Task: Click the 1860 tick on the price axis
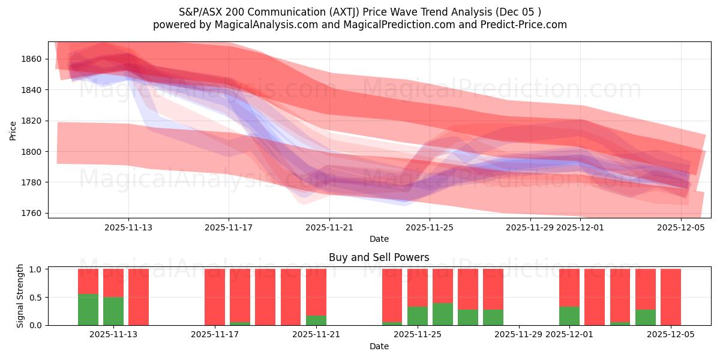[x=34, y=59]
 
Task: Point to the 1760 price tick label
[x=34, y=213]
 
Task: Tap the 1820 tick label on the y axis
[x=34, y=121]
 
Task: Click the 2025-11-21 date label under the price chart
[x=329, y=227]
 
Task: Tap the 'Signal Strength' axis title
[x=20, y=296]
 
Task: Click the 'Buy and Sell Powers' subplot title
[x=379, y=257]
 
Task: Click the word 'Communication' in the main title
[x=279, y=12]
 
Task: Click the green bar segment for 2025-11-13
[x=113, y=311]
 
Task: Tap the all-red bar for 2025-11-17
[x=215, y=297]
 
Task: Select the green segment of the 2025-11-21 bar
[x=316, y=320]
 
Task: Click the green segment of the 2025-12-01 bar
[x=569, y=316]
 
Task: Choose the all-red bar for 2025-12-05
[x=671, y=297]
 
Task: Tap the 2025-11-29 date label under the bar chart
[x=518, y=334]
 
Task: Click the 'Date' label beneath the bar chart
[x=379, y=346]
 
